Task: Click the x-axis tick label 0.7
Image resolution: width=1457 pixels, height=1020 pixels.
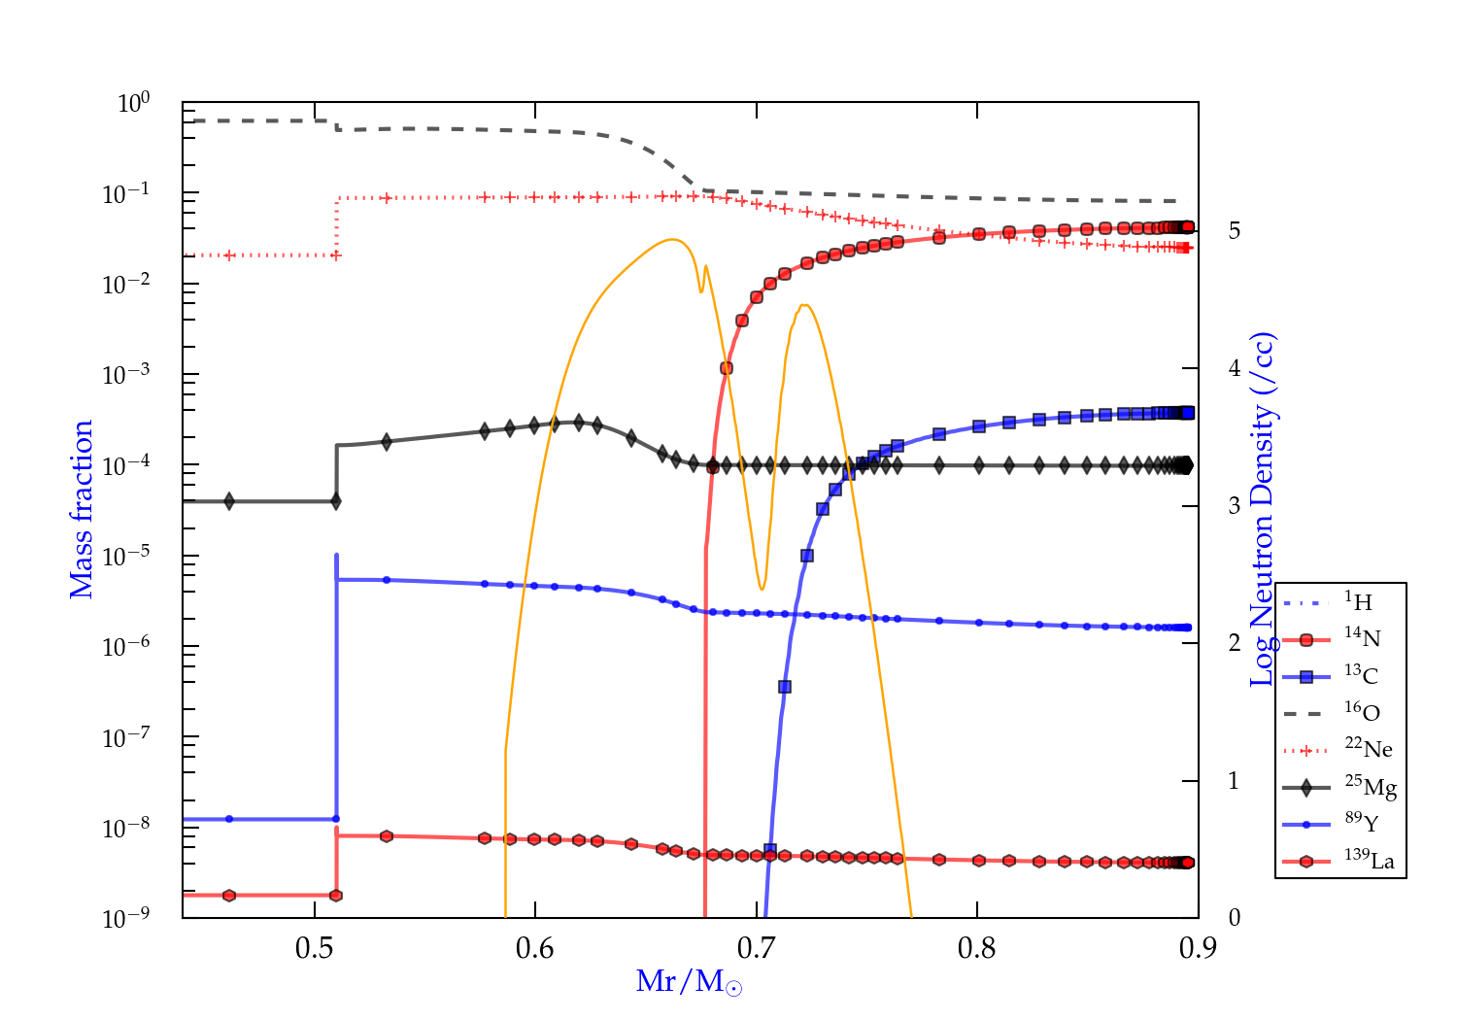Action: [x=756, y=948]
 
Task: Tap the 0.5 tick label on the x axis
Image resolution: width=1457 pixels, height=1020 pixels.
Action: [x=314, y=948]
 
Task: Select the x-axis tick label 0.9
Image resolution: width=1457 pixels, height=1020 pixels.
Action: [x=1198, y=948]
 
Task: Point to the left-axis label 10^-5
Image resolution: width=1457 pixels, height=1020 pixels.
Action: [x=126, y=557]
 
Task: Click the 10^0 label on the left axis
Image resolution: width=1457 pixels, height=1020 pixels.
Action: [x=134, y=103]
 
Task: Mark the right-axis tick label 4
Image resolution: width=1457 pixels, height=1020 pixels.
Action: [x=1235, y=368]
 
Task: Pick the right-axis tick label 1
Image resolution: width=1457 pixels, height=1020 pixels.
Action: [x=1235, y=781]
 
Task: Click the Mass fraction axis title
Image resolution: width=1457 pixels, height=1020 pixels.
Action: [x=82, y=509]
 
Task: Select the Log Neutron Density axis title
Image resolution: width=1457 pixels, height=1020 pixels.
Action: [x=1263, y=509]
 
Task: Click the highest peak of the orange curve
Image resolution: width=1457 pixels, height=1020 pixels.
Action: [x=671, y=239]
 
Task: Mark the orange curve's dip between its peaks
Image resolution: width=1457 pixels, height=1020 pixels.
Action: [x=762, y=589]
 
